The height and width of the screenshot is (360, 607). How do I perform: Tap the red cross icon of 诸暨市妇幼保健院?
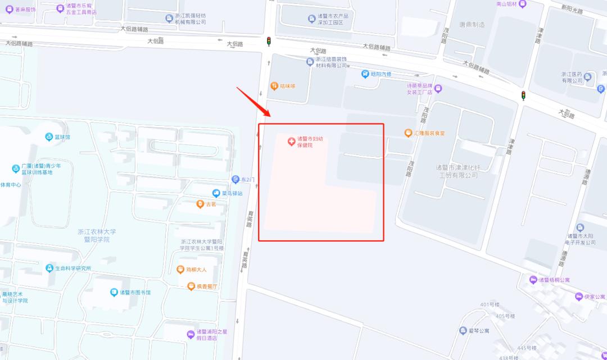click(291, 142)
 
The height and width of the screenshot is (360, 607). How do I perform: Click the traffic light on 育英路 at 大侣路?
click(269, 40)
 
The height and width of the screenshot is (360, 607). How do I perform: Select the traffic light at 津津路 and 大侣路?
click(523, 95)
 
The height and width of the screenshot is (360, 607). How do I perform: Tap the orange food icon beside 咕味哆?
click(274, 86)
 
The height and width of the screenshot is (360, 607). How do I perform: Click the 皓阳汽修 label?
click(380, 74)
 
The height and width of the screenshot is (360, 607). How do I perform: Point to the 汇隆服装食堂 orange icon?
click(409, 133)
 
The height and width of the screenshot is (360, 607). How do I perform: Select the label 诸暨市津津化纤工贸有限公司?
click(459, 171)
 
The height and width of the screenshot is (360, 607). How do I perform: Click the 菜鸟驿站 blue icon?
click(215, 193)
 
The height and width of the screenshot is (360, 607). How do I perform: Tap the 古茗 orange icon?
click(200, 204)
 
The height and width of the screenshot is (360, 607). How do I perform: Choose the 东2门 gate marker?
click(236, 180)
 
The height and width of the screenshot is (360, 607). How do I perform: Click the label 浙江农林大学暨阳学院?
click(97, 235)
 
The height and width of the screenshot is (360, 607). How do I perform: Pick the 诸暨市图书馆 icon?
click(113, 292)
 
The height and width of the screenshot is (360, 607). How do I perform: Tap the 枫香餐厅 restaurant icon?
click(191, 286)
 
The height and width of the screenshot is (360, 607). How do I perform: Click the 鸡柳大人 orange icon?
click(180, 270)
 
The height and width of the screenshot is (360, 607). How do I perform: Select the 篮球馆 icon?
click(49, 136)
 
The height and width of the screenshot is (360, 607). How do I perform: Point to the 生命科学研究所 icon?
click(50, 268)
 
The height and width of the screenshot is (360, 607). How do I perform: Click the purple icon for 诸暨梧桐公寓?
click(533, 280)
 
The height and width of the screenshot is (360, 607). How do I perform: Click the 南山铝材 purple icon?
click(523, 3)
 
